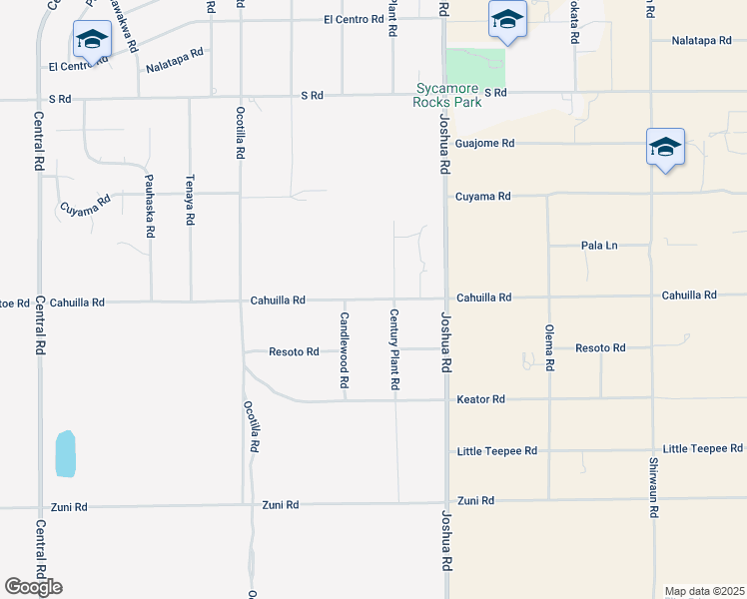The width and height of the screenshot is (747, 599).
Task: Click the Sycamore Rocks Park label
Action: point(449,95)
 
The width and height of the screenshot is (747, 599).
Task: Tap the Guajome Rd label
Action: point(484,144)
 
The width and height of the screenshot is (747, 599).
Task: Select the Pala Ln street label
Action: point(602,246)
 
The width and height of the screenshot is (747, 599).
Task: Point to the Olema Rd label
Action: point(549,347)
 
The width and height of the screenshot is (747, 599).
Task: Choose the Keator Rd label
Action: point(481,399)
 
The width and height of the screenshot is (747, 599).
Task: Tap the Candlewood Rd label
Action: point(344,349)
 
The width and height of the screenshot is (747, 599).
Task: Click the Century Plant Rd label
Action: point(394,349)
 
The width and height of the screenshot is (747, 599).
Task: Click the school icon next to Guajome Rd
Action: point(664,148)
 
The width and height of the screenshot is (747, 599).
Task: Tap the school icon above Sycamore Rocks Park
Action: point(506,20)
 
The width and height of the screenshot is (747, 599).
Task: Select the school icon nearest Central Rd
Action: point(92,40)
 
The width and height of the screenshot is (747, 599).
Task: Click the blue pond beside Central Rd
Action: point(66,452)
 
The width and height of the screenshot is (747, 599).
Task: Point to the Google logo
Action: point(33,587)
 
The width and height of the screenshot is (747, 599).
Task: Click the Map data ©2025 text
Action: point(704,591)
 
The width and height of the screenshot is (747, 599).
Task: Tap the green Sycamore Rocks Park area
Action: point(476,67)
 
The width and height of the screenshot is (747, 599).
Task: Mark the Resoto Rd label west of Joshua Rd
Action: point(294,352)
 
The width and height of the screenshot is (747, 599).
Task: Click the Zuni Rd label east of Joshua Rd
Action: point(476,500)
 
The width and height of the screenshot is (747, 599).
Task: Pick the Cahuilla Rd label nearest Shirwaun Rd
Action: point(688,296)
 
